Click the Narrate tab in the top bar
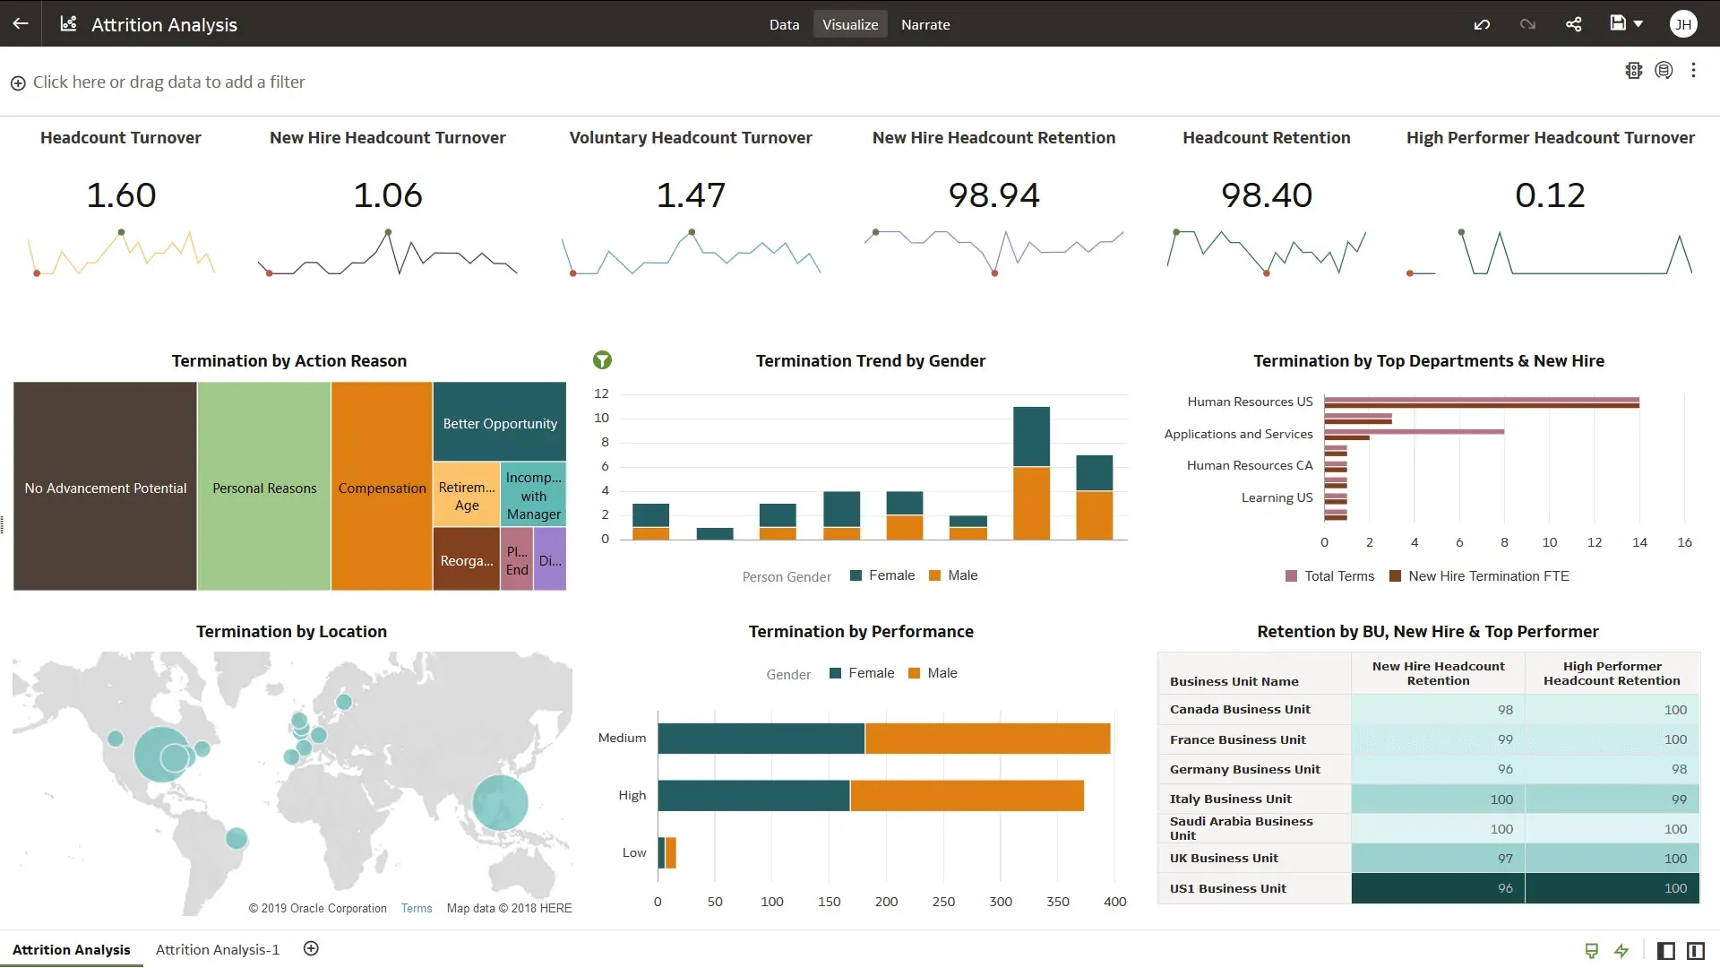pyautogui.click(x=924, y=24)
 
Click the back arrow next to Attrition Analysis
pyautogui.click(x=20, y=24)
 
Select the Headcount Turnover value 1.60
pyautogui.click(x=121, y=195)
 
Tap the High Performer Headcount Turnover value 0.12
pyautogui.click(x=1550, y=195)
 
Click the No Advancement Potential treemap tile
pyautogui.click(x=105, y=488)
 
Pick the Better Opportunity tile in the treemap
pyautogui.click(x=499, y=423)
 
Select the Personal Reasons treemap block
pyautogui.click(x=264, y=488)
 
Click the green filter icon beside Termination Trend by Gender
pyautogui.click(x=602, y=360)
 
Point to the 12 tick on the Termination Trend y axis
pyautogui.click(x=601, y=393)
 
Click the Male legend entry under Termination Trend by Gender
pyautogui.click(x=953, y=575)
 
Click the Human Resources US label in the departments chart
pyautogui.click(x=1249, y=402)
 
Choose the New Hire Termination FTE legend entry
pyautogui.click(x=1479, y=576)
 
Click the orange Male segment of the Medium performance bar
pyautogui.click(x=987, y=739)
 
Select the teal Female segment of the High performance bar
pyautogui.click(x=753, y=796)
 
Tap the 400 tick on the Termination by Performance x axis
pyautogui.click(x=1114, y=902)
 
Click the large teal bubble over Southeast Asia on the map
pyautogui.click(x=500, y=802)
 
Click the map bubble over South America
pyautogui.click(x=236, y=839)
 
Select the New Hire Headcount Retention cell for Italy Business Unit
pyautogui.click(x=1438, y=799)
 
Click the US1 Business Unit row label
pyautogui.click(x=1227, y=888)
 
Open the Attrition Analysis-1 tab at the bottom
pyautogui.click(x=218, y=949)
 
